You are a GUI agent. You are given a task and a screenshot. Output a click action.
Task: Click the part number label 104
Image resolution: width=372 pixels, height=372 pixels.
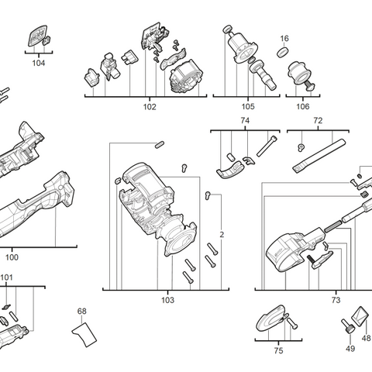click(x=39, y=63)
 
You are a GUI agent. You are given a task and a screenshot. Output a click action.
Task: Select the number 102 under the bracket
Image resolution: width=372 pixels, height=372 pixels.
click(x=150, y=107)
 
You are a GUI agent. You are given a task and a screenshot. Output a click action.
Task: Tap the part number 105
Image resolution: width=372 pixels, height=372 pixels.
click(x=247, y=107)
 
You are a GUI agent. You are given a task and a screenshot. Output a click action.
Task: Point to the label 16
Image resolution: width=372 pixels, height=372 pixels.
click(x=284, y=38)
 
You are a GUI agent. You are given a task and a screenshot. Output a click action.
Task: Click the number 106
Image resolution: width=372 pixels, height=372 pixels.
click(x=301, y=107)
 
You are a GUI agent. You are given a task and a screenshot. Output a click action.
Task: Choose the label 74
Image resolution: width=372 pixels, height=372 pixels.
click(x=245, y=121)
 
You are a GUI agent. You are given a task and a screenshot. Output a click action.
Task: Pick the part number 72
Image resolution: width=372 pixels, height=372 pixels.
click(x=318, y=121)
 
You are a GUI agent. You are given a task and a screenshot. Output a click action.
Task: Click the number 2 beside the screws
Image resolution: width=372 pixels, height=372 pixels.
click(x=222, y=234)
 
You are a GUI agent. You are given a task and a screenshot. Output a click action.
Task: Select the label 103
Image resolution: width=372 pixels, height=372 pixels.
click(x=167, y=300)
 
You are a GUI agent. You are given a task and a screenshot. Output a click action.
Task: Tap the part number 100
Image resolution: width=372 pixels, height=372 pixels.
click(x=12, y=257)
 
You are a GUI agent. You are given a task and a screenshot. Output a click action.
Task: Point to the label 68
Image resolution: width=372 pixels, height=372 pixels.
click(x=81, y=312)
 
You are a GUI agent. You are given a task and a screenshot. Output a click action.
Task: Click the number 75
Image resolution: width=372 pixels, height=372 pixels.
click(x=278, y=351)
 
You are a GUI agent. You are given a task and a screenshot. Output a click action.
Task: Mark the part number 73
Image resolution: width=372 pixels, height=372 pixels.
click(x=335, y=299)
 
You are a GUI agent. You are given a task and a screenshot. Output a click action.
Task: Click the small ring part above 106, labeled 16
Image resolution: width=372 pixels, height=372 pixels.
click(x=284, y=53)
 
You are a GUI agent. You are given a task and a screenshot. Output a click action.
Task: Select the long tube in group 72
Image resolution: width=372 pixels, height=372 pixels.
click(x=318, y=155)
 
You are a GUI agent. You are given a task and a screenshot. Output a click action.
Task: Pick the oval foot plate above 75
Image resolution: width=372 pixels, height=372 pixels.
click(x=270, y=319)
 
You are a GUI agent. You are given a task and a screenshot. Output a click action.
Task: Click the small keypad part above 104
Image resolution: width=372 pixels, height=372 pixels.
click(x=37, y=36)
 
